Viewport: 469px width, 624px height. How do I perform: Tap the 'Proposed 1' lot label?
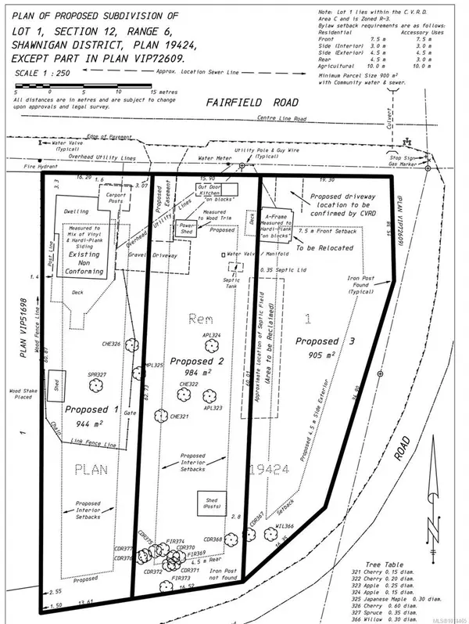click(x=92, y=409)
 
